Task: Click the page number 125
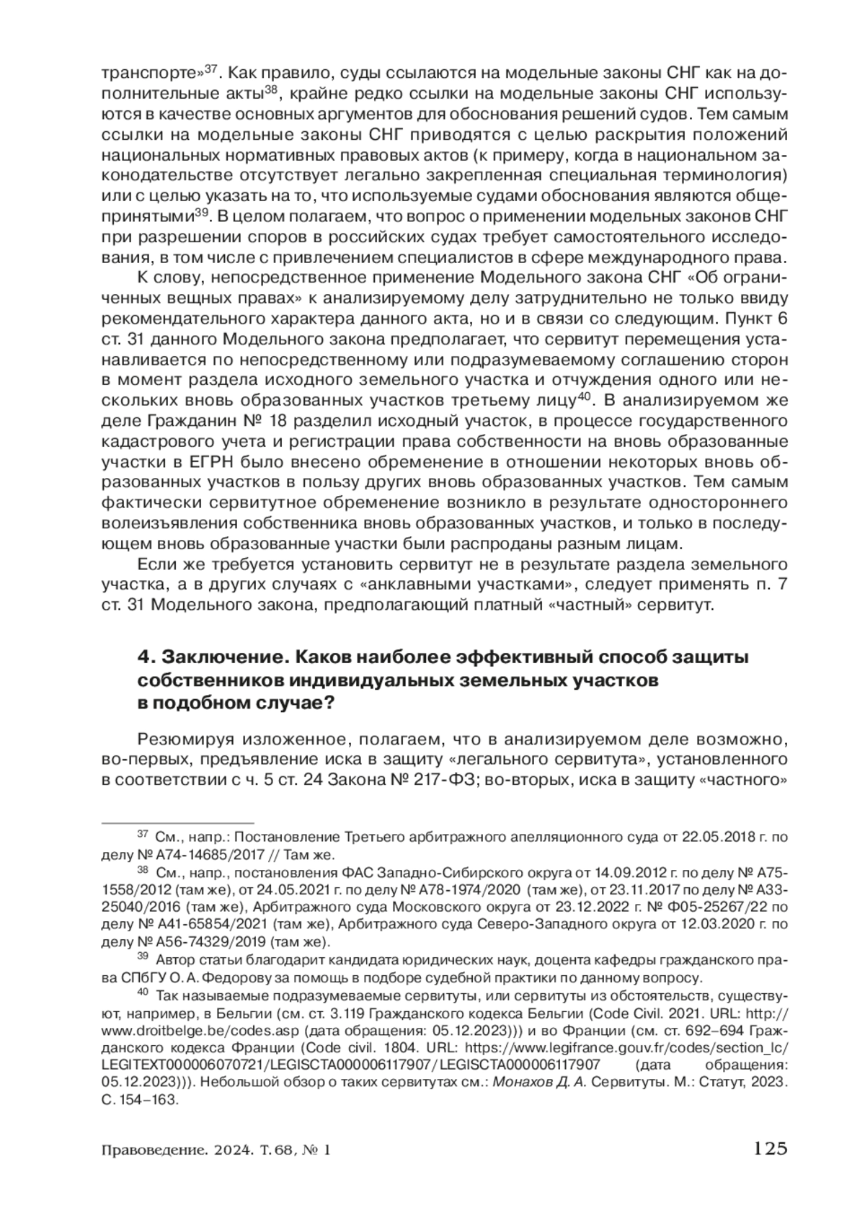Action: coord(769,1149)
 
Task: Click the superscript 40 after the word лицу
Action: coord(585,396)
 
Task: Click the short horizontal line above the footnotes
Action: coord(177,822)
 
